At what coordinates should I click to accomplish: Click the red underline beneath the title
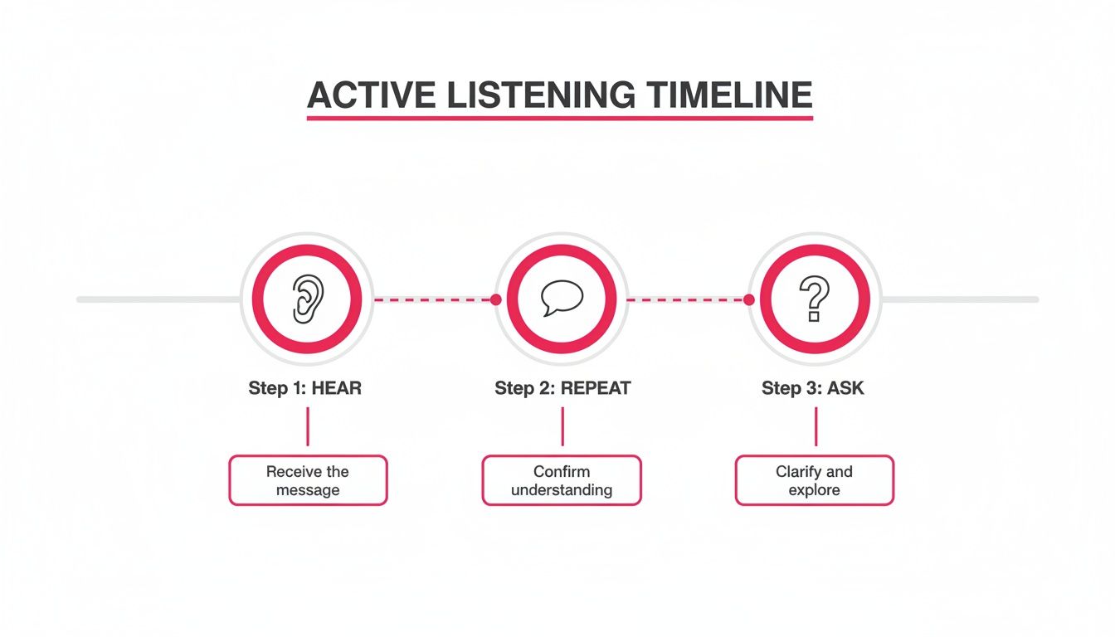pyautogui.click(x=560, y=119)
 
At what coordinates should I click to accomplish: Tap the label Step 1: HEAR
pyautogui.click(x=305, y=388)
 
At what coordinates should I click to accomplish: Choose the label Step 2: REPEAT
pyautogui.click(x=562, y=388)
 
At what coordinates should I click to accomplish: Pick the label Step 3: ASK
pyautogui.click(x=813, y=388)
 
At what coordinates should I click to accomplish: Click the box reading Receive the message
pyautogui.click(x=308, y=480)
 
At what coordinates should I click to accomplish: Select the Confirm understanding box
pyautogui.click(x=562, y=480)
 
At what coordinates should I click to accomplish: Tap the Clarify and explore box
pyautogui.click(x=814, y=480)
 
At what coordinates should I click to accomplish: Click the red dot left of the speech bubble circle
pyautogui.click(x=496, y=299)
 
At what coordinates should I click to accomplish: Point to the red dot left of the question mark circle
pyautogui.click(x=749, y=299)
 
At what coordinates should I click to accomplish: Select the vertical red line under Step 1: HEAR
pyautogui.click(x=308, y=427)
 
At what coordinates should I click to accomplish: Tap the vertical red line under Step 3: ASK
pyautogui.click(x=816, y=427)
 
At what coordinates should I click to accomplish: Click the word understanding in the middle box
pyautogui.click(x=562, y=490)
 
